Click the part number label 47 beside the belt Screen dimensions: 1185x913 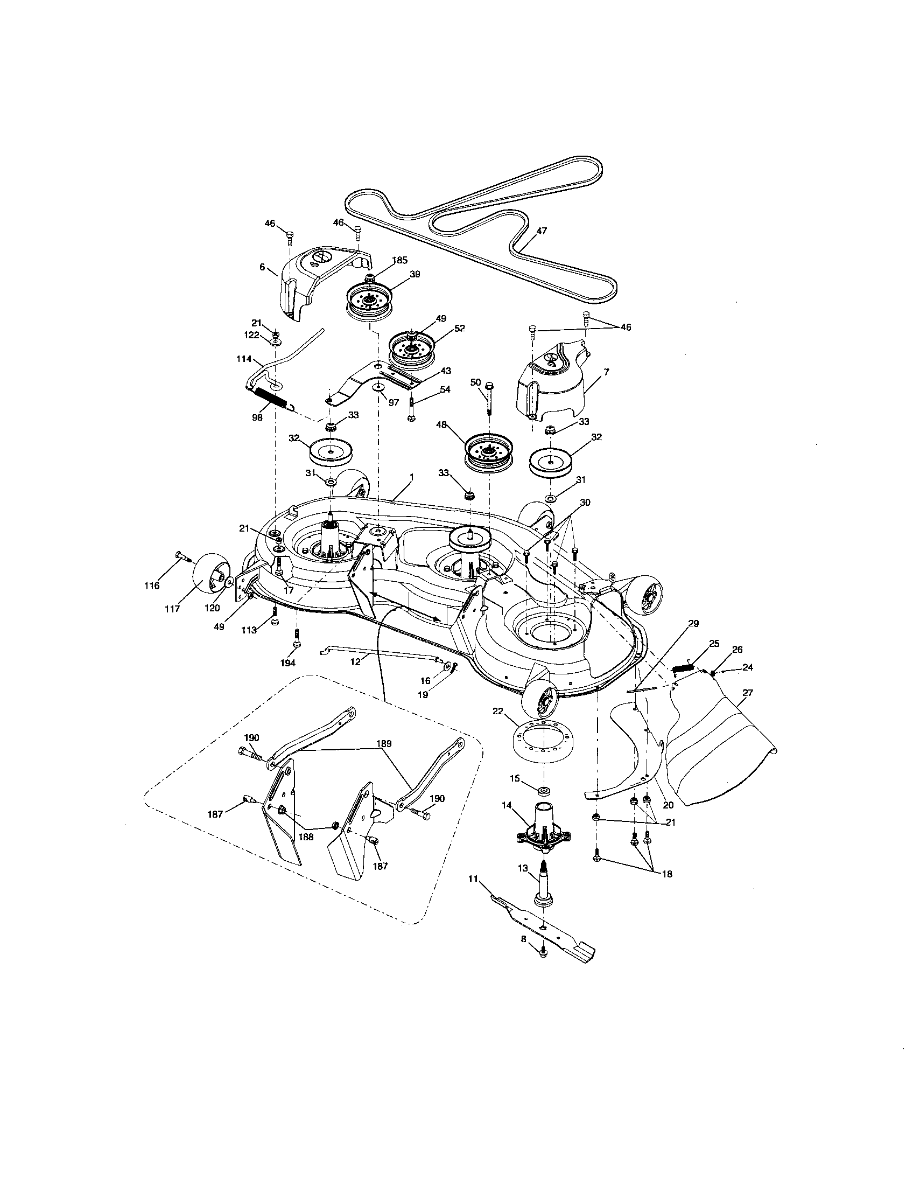point(542,231)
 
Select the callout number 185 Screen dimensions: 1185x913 point(400,261)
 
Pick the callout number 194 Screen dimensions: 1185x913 point(287,664)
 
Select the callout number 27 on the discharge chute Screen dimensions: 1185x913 point(749,692)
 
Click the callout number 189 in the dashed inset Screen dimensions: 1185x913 point(384,743)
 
